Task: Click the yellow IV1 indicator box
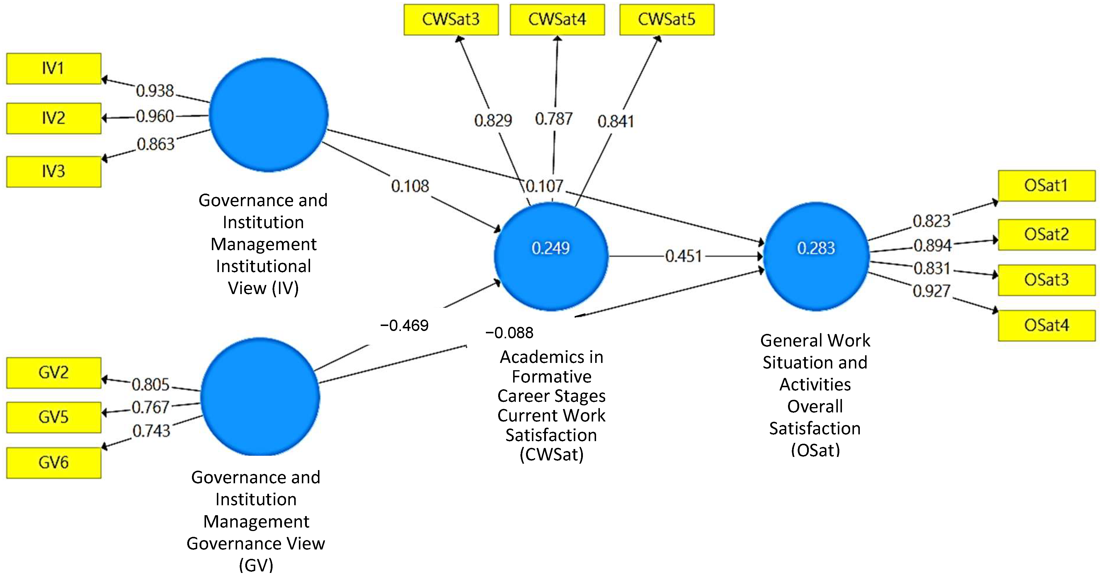[53, 68]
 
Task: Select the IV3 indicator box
[53, 172]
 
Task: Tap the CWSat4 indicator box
[557, 20]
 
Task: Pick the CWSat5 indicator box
[666, 20]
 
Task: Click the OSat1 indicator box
[1046, 186]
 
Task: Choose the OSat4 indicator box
[1046, 325]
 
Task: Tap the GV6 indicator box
[53, 462]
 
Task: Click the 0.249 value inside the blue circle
[550, 248]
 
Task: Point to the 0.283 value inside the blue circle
[816, 248]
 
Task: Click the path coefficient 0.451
[683, 256]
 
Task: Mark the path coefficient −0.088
[509, 333]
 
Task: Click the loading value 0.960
[155, 116]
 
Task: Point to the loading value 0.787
[554, 119]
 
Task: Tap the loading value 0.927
[931, 291]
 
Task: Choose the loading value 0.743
[151, 431]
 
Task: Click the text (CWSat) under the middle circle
[551, 455]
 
